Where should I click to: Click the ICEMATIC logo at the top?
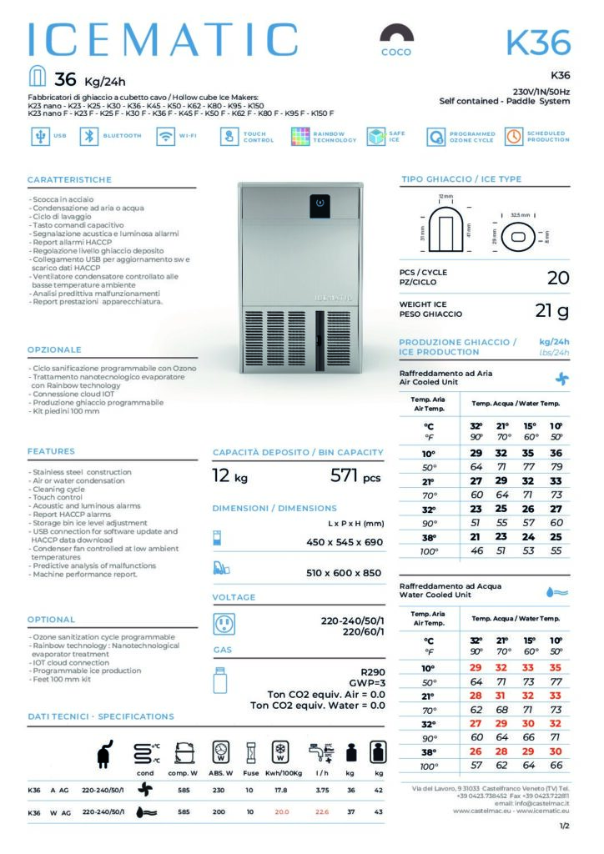point(163,40)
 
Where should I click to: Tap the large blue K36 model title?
point(538,42)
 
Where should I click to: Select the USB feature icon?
point(38,137)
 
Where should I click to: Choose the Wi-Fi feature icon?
point(165,137)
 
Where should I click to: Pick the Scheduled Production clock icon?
point(513,137)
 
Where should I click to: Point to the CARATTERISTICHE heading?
point(69,180)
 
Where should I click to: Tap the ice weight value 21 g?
point(551,311)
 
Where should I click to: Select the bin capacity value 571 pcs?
point(356,477)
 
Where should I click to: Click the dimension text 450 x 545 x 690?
point(344,542)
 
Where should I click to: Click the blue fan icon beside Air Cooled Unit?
point(562,378)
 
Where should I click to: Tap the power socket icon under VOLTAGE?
point(224,624)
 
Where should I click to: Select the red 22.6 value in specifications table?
point(322,812)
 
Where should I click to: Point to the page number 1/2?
point(565,826)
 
